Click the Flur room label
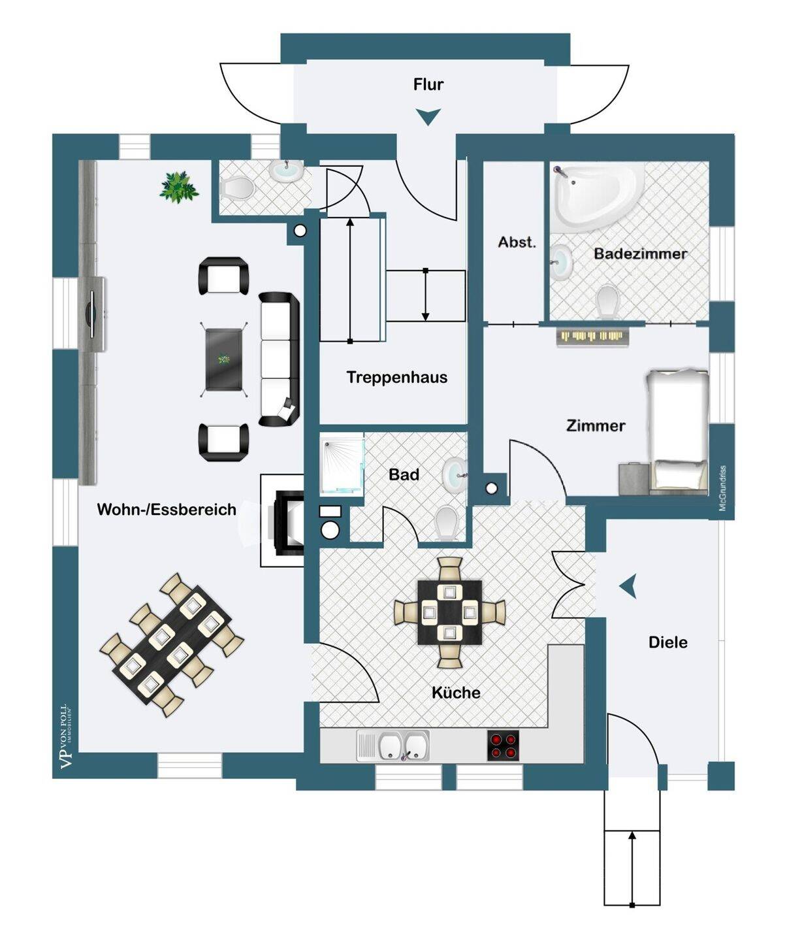click(428, 84)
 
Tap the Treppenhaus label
click(396, 377)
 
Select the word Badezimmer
click(640, 254)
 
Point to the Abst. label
click(517, 242)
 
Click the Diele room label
click(667, 642)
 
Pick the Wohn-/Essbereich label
click(167, 510)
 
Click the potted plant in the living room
click(178, 188)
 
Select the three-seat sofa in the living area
click(279, 359)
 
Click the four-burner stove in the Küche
click(503, 746)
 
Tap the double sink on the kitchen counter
click(393, 746)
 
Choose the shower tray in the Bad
click(342, 465)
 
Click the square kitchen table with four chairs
click(449, 612)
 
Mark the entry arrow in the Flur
click(428, 116)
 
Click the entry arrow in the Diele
click(629, 586)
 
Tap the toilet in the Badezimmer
click(607, 301)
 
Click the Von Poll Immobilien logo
click(65, 736)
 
